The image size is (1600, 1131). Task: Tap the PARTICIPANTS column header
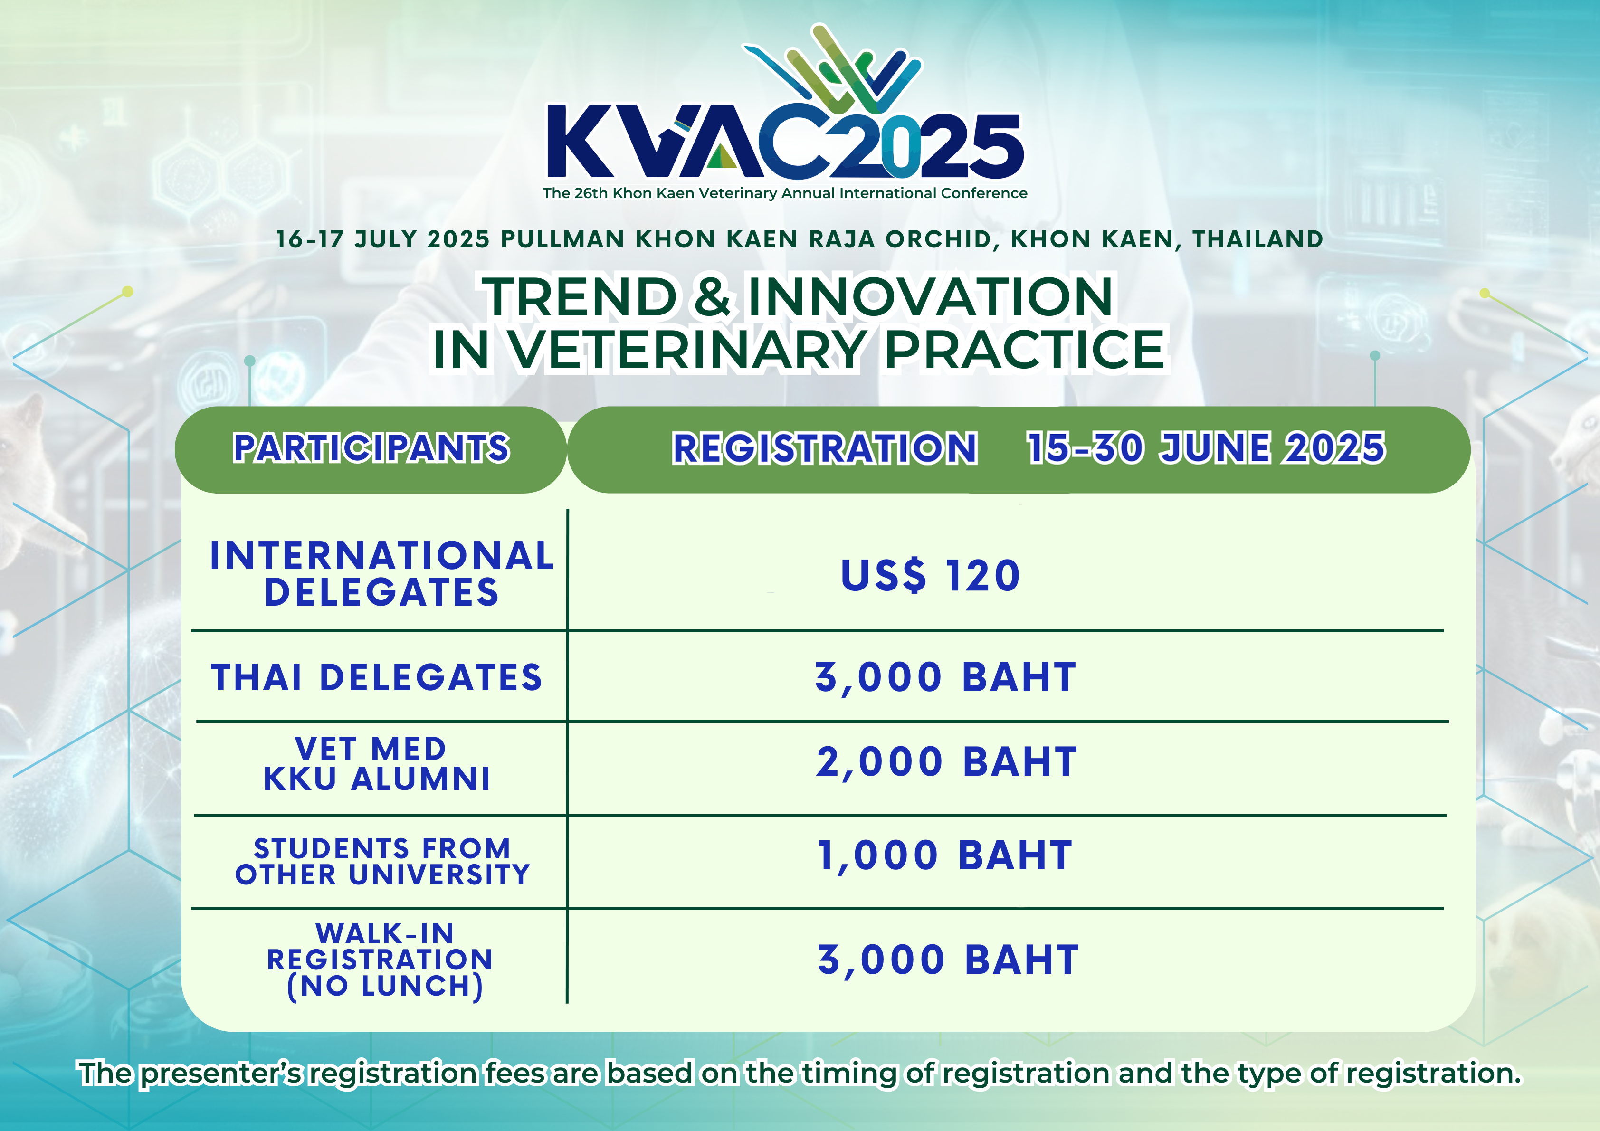371,447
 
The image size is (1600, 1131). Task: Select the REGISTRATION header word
824,447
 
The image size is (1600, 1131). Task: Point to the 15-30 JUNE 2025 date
1206,447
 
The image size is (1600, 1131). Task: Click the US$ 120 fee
930,576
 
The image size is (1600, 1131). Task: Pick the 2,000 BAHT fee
946,761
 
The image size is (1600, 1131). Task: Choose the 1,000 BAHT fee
944,856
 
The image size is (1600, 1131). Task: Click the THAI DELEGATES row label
376,677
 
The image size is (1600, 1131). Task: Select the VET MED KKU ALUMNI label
376,764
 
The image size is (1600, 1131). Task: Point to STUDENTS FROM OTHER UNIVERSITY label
382,861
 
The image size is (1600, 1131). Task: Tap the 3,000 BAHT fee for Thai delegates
946,677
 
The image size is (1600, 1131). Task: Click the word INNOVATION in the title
931,297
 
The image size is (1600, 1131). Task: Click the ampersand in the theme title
712,297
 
